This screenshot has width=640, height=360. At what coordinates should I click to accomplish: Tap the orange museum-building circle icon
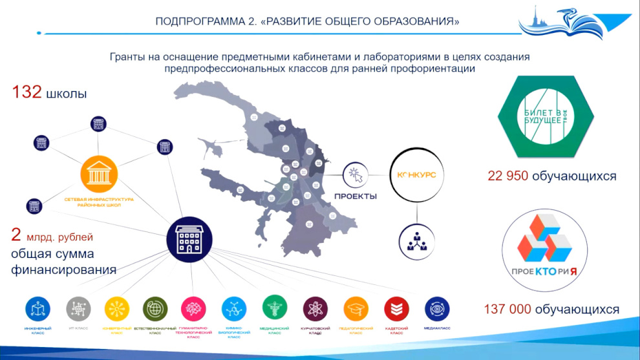click(99, 174)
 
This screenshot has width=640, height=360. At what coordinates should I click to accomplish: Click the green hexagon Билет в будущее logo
click(545, 116)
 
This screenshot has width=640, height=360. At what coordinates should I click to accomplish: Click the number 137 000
click(507, 309)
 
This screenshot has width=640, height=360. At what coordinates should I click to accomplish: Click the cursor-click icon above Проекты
click(355, 174)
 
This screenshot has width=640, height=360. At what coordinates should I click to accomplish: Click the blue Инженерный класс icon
click(39, 309)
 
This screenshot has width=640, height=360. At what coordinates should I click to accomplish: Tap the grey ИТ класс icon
click(78, 309)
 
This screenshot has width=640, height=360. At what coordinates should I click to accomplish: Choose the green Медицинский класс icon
click(275, 308)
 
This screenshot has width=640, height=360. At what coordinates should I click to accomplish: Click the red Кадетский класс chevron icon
click(396, 309)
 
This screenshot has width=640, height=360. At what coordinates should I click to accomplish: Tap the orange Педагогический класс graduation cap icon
click(356, 309)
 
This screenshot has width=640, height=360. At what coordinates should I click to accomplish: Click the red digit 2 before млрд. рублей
click(16, 235)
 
